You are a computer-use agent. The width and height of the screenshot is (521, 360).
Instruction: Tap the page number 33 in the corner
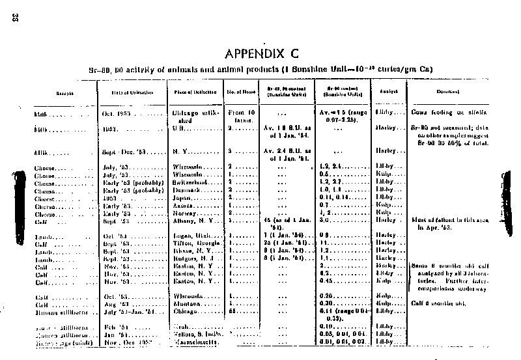point(14,18)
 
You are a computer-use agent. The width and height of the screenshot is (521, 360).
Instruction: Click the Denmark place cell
point(190,191)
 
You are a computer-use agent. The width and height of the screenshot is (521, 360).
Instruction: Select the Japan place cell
point(186,198)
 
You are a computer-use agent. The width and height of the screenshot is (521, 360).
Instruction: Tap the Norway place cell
point(188,213)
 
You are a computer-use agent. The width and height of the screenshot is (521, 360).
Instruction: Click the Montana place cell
point(189,303)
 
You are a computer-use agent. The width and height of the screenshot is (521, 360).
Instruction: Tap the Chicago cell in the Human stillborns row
point(188,311)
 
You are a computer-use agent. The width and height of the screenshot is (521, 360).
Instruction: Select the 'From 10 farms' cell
point(242,117)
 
